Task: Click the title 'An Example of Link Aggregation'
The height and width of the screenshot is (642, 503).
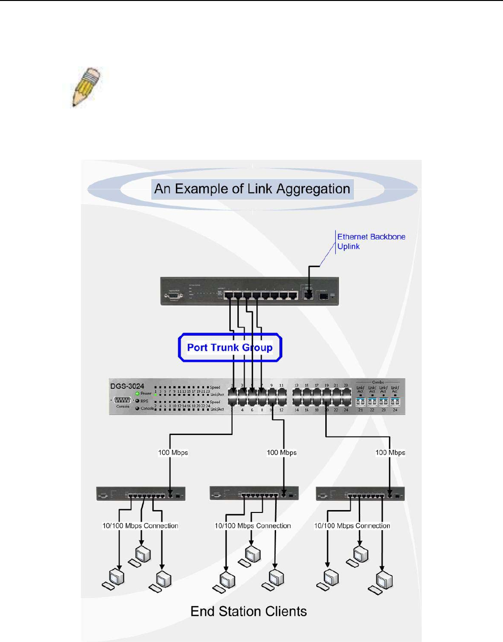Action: click(252, 189)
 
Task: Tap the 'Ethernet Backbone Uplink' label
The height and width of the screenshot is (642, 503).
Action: click(371, 241)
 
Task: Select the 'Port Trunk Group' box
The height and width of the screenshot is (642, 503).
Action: click(230, 348)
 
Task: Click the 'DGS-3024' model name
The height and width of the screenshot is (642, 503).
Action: click(127, 386)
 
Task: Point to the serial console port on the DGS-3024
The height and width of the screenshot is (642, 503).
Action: click(123, 400)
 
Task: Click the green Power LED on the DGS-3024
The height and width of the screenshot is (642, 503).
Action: click(137, 393)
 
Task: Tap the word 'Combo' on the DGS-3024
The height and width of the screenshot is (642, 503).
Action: click(378, 382)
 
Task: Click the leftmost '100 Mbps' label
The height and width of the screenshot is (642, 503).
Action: click(173, 453)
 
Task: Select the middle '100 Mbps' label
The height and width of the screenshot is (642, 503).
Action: click(281, 453)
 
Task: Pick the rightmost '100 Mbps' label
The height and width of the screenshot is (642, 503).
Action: click(390, 453)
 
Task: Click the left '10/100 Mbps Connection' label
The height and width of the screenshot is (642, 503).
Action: click(140, 526)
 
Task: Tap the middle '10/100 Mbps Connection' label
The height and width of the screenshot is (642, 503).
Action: click(253, 526)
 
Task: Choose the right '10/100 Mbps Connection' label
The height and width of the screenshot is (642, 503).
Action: click(352, 526)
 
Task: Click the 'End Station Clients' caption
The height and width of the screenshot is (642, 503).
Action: click(248, 611)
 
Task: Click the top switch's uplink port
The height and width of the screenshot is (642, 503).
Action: click(308, 294)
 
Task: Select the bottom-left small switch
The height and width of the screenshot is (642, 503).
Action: click(140, 494)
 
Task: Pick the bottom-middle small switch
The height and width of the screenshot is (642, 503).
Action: click(254, 494)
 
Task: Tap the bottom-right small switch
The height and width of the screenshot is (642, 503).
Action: click(360, 494)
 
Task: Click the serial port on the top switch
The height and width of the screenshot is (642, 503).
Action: click(173, 296)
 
